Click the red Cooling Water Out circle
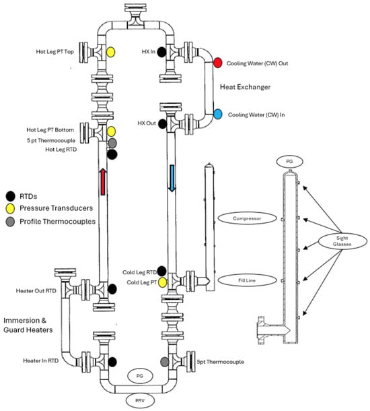[x=218, y=63]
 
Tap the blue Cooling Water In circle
[x=218, y=115]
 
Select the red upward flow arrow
[x=103, y=182]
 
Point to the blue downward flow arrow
[x=172, y=179]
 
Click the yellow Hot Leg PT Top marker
[x=111, y=52]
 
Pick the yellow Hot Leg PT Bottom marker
[x=111, y=131]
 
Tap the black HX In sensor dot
[x=161, y=52]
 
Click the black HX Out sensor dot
[x=163, y=123]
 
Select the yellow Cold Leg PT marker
[x=163, y=282]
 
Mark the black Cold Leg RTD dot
[x=161, y=272]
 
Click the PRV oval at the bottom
[x=140, y=401]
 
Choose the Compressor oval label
[x=247, y=218]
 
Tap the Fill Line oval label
[x=247, y=280]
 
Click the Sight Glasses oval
[x=342, y=241]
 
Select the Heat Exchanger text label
[x=245, y=87]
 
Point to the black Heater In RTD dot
[x=112, y=362]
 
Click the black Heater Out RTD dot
[x=112, y=289]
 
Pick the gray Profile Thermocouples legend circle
[x=10, y=222]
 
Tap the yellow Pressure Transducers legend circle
[x=10, y=208]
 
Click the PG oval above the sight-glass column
[x=289, y=162]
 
